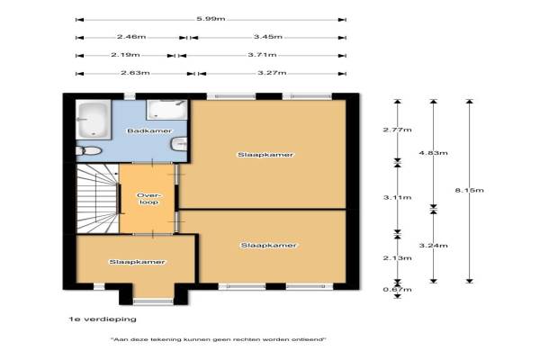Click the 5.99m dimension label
211,19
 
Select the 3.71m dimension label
262,54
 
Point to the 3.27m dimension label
272,73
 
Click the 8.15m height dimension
470,190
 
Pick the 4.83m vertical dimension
433,153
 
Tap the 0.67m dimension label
398,290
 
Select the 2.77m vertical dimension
398,130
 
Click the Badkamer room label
149,130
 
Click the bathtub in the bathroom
94,120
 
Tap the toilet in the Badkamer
89,151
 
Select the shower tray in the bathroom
166,110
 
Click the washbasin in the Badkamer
179,144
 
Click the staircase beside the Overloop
97,198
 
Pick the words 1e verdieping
103,319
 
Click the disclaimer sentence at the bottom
219,339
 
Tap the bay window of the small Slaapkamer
153,301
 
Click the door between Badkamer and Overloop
153,162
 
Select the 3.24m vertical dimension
433,246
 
